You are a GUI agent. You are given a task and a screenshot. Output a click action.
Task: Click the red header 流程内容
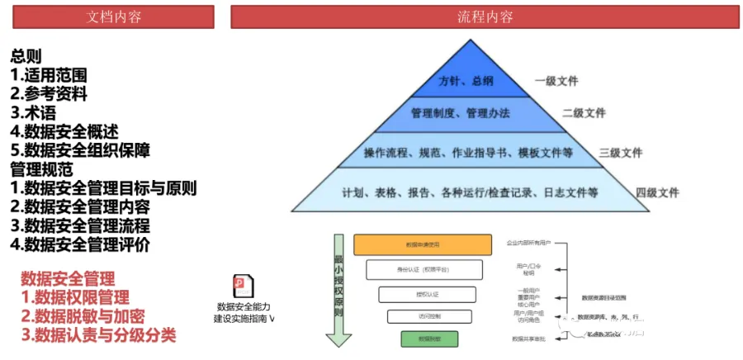(x=485, y=17)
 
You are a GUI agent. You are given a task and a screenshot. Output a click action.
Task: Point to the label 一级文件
(x=556, y=81)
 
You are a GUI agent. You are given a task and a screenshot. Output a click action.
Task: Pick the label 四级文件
(x=657, y=192)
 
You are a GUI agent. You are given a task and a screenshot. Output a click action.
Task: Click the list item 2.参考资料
(x=49, y=93)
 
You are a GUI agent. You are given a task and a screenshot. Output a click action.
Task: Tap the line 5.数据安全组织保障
(x=80, y=150)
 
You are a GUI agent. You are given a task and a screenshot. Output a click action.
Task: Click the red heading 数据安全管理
(x=68, y=278)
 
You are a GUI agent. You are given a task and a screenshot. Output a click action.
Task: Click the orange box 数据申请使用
(x=423, y=244)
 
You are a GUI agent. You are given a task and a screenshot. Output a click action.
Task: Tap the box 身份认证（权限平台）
(x=423, y=269)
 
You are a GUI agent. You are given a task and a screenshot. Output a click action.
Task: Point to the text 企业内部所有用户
(x=528, y=244)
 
